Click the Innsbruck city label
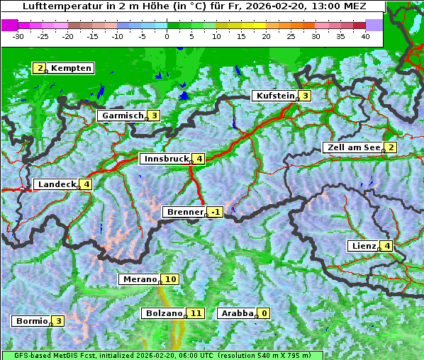(164, 159)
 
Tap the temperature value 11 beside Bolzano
(196, 313)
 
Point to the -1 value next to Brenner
(216, 211)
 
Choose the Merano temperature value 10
(170, 279)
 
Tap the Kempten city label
(71, 68)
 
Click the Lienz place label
(362, 245)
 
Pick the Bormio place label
(31, 320)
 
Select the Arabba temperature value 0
(264, 313)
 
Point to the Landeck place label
(56, 184)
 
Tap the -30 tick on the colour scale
(18, 36)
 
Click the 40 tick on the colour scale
(365, 36)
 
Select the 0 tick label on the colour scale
(167, 36)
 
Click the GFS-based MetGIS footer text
(50, 355)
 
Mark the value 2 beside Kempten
(40, 68)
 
